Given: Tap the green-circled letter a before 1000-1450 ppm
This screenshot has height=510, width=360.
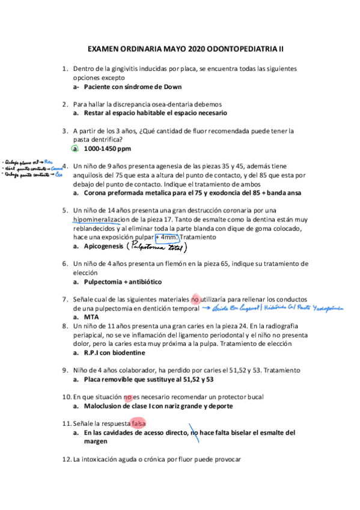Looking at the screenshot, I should click(x=75, y=148).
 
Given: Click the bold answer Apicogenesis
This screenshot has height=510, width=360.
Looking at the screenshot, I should click(x=103, y=247).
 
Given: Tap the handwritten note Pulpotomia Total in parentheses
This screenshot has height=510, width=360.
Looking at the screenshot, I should click(x=154, y=247).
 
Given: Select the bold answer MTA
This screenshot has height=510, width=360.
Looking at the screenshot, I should click(x=91, y=317).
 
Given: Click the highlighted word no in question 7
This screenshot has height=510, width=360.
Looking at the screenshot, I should click(x=195, y=299).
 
